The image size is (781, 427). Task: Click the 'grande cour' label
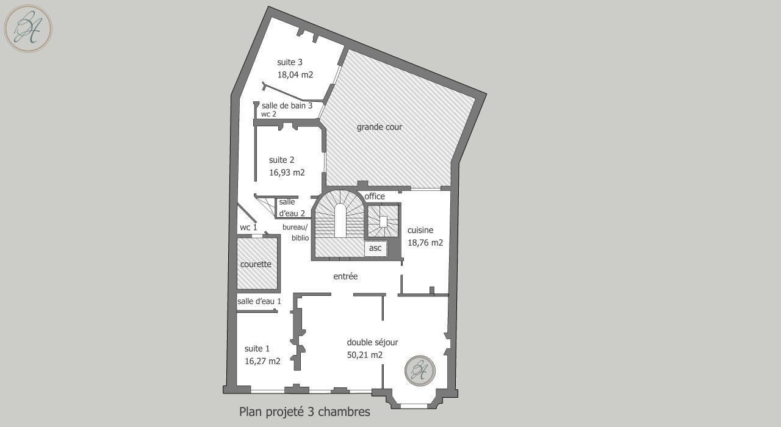pos(380,127)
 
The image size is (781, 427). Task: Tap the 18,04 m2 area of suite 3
pos(295,74)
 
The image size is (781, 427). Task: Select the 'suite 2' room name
pos(282,160)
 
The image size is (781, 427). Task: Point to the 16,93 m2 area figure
pos(287,173)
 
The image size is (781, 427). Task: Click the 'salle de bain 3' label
pos(287,106)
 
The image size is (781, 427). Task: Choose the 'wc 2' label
pos(268,114)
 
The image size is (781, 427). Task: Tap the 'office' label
pos(375,196)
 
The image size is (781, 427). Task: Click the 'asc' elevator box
pos(375,248)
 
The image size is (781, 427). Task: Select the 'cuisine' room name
pos(420,230)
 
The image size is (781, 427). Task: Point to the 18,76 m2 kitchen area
pos(425,243)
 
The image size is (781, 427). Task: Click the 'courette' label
pos(256,264)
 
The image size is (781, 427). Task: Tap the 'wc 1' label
pos(248,228)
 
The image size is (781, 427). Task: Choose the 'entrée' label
pos(345,276)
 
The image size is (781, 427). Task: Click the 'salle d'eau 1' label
pos(259,301)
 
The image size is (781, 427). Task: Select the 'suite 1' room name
pos(257,348)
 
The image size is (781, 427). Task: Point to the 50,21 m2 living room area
pos(365,355)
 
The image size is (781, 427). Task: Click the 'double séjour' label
pos(372,342)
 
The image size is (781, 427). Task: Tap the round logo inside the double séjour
pos(420,370)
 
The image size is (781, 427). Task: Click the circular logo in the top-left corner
pos(28,29)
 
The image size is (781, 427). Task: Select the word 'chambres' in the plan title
pos(344,412)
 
